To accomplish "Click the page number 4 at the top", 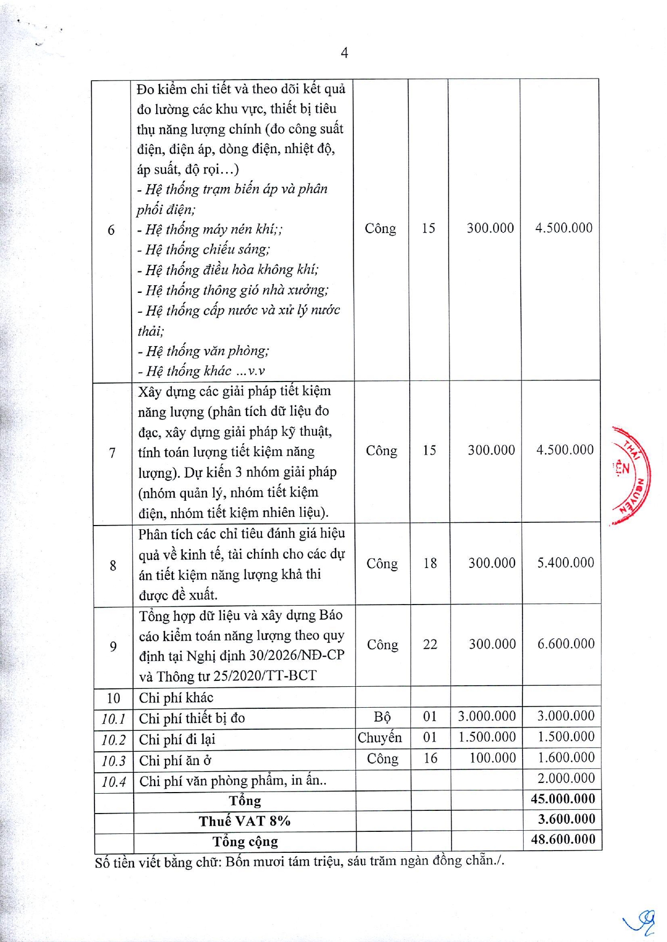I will coord(344,53).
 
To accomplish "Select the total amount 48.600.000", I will coord(563,839).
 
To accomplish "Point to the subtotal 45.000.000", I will coord(563,799).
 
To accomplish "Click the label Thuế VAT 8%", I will coord(244,821).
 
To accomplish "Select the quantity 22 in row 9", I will coord(430,644).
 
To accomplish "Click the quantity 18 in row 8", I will coord(430,563).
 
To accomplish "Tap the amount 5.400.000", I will coord(565,563).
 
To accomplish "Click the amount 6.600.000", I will coord(566,644).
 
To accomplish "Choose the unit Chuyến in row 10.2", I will coord(380,738).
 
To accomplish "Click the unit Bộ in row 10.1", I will coord(382,717).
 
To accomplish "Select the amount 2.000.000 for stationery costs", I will coord(566,779).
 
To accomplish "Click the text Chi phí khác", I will coord(176,697).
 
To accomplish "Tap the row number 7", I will coord(112,453).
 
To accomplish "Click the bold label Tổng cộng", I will coord(245,842).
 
